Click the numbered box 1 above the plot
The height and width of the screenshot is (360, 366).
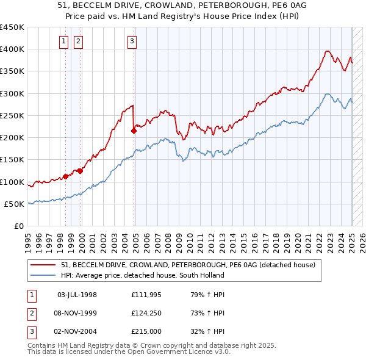point(64,41)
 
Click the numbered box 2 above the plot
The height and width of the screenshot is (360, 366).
point(79,41)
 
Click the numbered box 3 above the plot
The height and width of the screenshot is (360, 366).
point(132,41)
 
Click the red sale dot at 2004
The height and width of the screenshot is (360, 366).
point(134,131)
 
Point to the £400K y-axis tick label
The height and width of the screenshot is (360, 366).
point(12,49)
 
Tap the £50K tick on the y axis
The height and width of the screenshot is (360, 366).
point(15,204)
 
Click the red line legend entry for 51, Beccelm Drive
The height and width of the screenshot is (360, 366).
point(188,265)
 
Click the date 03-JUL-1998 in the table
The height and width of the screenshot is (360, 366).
point(77,295)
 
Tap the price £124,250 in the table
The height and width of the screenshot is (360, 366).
point(147,313)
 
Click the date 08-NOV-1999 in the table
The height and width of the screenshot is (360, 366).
point(77,313)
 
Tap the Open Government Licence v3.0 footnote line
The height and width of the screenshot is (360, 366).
point(129,351)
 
